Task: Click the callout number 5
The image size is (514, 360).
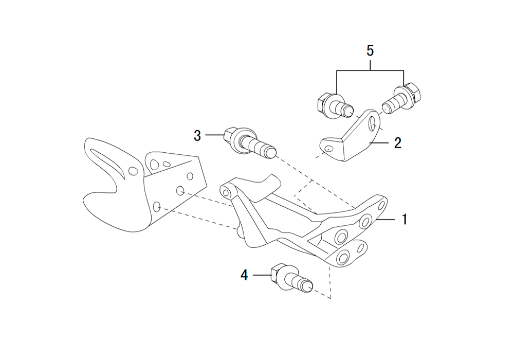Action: coord(370,51)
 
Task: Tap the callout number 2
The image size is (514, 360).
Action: coord(398,143)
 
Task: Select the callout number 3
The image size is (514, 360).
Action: coord(197,135)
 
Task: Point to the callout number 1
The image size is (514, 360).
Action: coord(405,220)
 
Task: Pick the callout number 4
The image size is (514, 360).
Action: coord(244,275)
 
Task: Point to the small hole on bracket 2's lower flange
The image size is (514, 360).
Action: coord(328,150)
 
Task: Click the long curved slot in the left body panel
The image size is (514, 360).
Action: coord(108,163)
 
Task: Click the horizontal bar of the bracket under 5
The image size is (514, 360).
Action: coord(370,70)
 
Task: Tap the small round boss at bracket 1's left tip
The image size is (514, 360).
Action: coord(225,191)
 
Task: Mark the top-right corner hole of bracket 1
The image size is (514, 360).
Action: coord(381,206)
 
